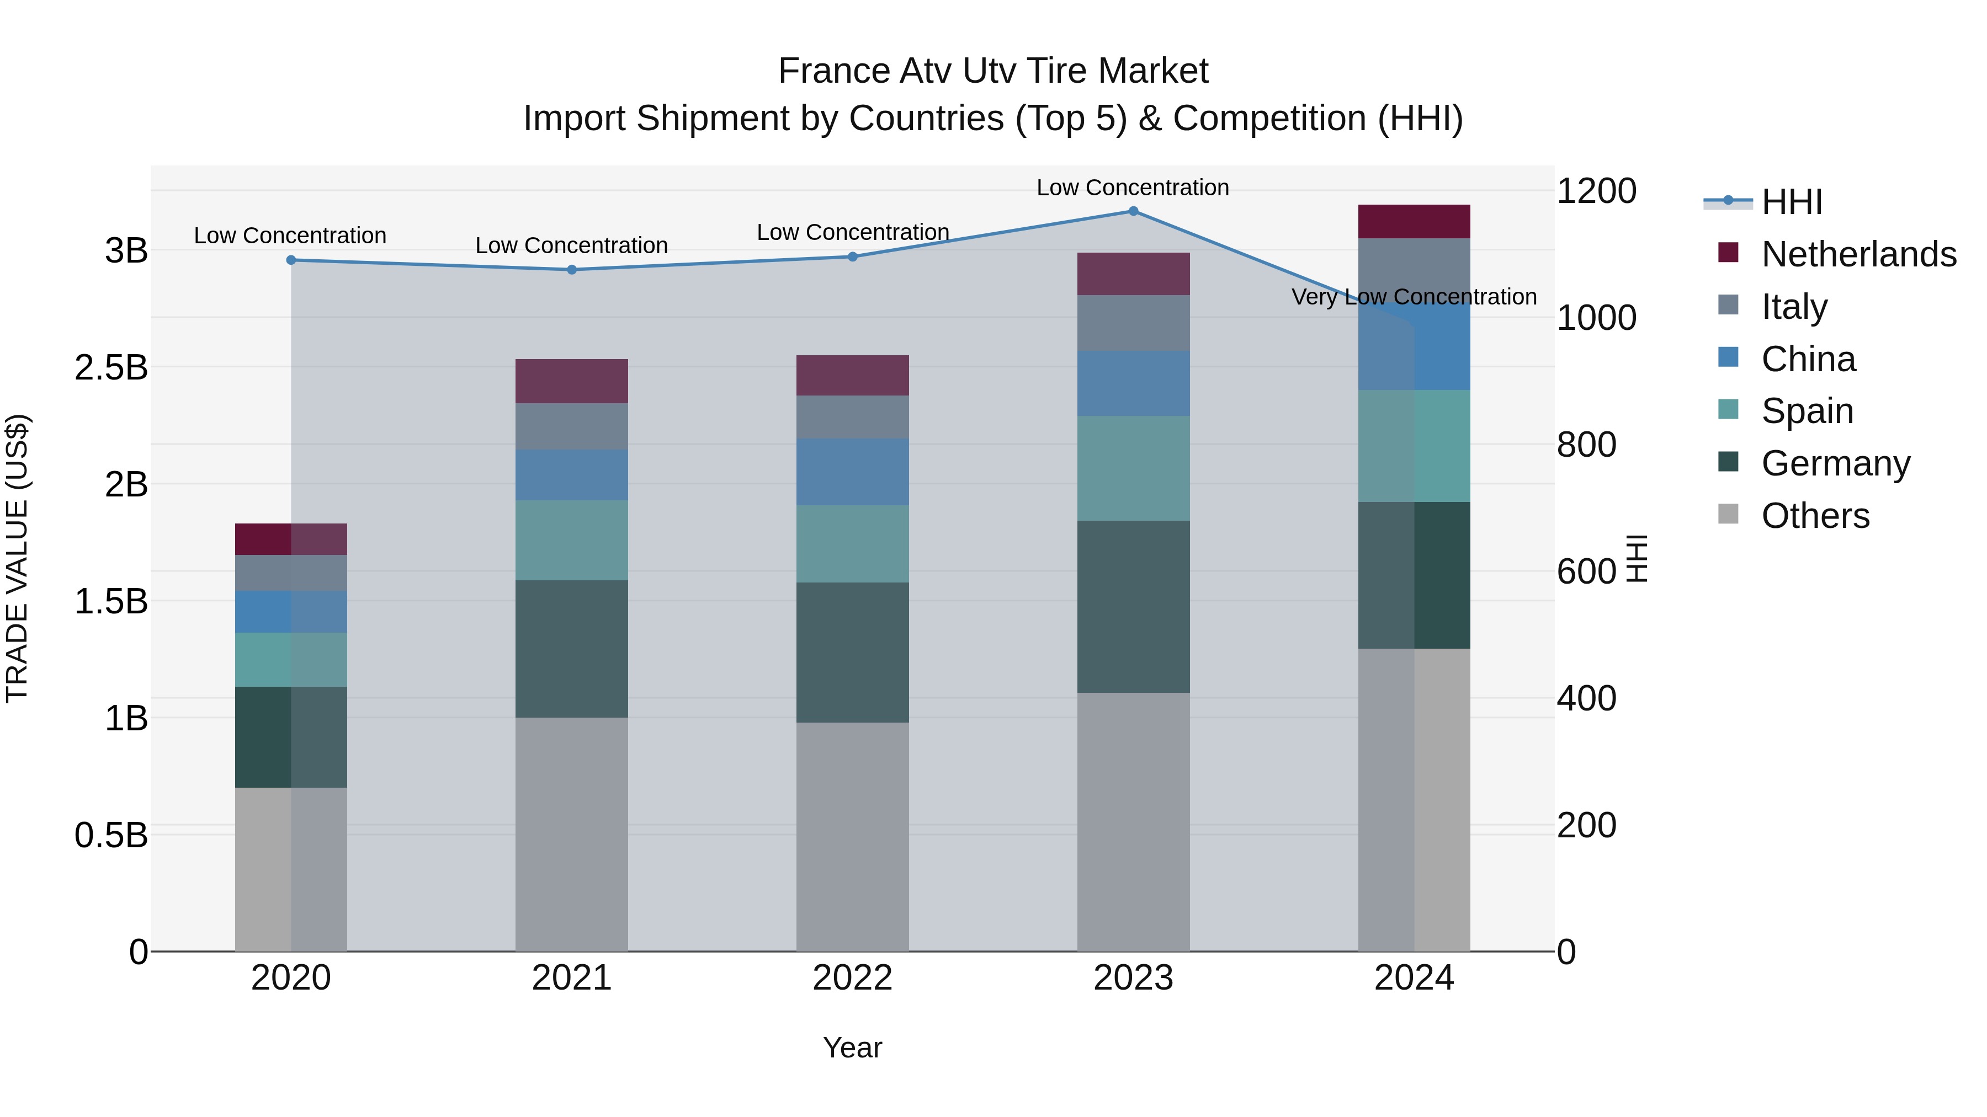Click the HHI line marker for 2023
pyautogui.click(x=1133, y=211)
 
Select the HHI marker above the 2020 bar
pyautogui.click(x=291, y=260)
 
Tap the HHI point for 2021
pyautogui.click(x=572, y=270)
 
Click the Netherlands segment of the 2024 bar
pyautogui.click(x=1414, y=222)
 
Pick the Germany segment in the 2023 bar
pyautogui.click(x=1133, y=607)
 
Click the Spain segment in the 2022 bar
pyautogui.click(x=852, y=544)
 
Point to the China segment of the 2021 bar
pyautogui.click(x=572, y=475)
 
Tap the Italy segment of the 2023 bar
pyautogui.click(x=1133, y=323)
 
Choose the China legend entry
pyautogui.click(x=1808, y=359)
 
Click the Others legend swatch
pyautogui.click(x=1729, y=514)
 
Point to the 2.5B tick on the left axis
pyautogui.click(x=111, y=368)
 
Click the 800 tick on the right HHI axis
pyautogui.click(x=1586, y=445)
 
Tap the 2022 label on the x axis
pyautogui.click(x=852, y=978)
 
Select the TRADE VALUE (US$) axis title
pyautogui.click(x=18, y=558)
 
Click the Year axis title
pyautogui.click(x=852, y=1047)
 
